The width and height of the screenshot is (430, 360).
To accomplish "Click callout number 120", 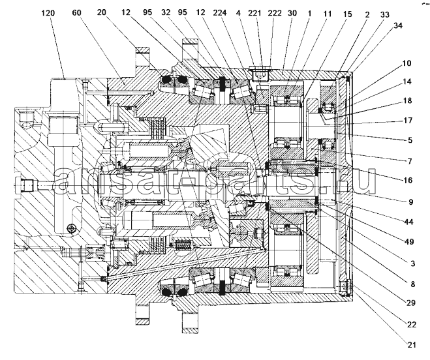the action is pos(48,13).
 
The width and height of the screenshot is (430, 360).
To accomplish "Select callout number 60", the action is pos(77,12).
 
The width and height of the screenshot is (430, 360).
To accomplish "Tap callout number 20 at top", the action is pos(102,12).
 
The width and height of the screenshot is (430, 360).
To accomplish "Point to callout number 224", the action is pos(219,12).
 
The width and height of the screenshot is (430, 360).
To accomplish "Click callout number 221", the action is pos(254,13).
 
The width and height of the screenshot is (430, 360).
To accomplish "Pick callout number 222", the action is pos(274,13).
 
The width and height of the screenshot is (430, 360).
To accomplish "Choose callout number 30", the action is pos(292,13).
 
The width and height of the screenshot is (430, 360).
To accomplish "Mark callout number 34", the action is pos(398,25).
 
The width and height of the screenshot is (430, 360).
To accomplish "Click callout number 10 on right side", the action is pos(407,63).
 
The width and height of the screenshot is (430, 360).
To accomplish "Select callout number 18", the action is pos(408,100).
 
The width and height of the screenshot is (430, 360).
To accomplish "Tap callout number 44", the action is pos(408,222).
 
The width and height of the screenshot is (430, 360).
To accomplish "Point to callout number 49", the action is pos(409,242).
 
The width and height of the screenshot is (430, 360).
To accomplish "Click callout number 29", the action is pos(411,303).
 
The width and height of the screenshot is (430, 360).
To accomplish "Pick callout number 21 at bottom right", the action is pos(411,344).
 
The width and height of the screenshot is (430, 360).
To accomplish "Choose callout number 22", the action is pos(411,324).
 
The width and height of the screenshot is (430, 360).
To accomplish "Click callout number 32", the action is pos(166,12).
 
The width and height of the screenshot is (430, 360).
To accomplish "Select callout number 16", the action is pos(408,180).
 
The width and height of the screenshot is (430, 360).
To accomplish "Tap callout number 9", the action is pos(411,202).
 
